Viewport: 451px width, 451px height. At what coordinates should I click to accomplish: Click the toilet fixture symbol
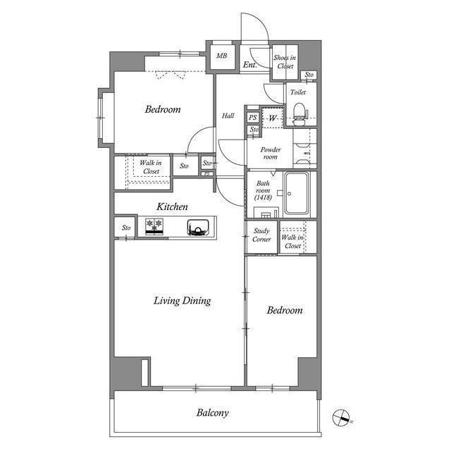point(299,114)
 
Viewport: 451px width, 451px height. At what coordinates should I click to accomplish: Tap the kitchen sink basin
point(198,228)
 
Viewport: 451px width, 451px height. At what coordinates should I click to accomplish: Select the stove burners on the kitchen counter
point(154,226)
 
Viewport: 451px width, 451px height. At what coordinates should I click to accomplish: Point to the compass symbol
point(341,418)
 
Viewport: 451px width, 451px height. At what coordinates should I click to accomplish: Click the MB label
point(221,56)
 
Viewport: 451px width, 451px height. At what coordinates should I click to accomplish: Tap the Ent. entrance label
point(249,65)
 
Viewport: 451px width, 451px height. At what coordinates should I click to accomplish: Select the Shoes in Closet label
point(285,62)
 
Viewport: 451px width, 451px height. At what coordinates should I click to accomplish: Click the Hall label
point(228,116)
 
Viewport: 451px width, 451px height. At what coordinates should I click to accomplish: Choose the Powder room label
point(271,154)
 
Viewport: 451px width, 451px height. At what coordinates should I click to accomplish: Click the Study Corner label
point(261,235)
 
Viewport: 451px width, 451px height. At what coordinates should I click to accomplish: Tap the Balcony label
point(213,413)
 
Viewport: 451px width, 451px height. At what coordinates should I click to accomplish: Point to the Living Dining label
point(182,301)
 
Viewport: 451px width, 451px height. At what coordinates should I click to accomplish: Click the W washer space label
point(273,118)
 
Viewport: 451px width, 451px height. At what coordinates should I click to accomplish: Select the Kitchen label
point(172,206)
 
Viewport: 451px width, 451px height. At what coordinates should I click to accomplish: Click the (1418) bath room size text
point(263,197)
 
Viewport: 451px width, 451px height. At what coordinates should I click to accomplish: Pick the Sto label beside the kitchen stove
point(126,228)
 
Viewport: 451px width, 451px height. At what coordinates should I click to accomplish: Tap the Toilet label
point(298,92)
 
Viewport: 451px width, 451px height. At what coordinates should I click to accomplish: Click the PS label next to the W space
point(252,118)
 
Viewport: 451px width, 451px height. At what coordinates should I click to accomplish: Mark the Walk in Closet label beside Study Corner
point(292,242)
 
